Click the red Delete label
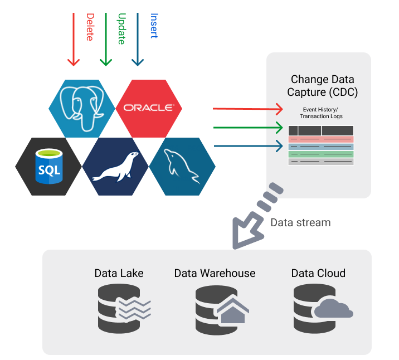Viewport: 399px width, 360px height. pyautogui.click(x=89, y=27)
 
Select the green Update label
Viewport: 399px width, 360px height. pyautogui.click(x=121, y=28)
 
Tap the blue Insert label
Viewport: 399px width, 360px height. pyautogui.click(x=153, y=26)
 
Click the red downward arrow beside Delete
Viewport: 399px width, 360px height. pyautogui.click(x=73, y=39)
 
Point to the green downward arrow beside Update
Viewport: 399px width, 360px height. pyautogui.click(x=105, y=39)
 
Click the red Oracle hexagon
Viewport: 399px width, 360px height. pyautogui.click(x=148, y=108)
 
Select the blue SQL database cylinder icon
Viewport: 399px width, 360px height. pyautogui.click(x=48, y=166)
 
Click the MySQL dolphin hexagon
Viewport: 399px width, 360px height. pyautogui.click(x=182, y=167)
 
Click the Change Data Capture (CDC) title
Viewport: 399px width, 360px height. pyautogui.click(x=323, y=85)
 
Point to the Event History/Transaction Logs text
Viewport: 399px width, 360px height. pyautogui.click(x=322, y=113)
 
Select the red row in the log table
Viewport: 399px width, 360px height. pyautogui.click(x=321, y=139)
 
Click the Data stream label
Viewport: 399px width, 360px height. pyautogui.click(x=300, y=222)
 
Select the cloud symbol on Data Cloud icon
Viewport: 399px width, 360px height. pyautogui.click(x=333, y=308)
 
